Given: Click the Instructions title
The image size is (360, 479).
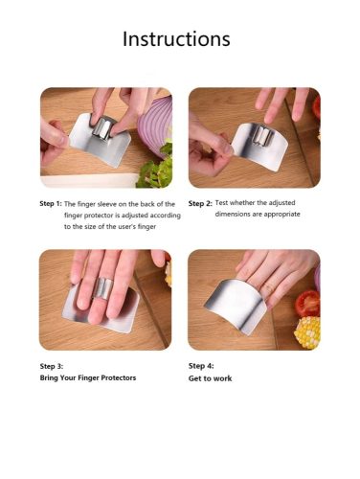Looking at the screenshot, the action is coord(176,39).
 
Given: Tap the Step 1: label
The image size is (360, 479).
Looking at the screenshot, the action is coord(51,204).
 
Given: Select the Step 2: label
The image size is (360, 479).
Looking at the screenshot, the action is coord(200,203).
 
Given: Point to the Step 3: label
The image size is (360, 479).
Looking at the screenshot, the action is coord(52,366).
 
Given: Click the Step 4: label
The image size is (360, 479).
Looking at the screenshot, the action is coord(201,366).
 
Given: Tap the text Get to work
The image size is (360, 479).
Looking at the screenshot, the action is coord(210,378).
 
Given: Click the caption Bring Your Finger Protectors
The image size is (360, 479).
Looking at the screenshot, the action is coord(88,377).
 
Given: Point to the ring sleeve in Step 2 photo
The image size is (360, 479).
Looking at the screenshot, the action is coord(263,136).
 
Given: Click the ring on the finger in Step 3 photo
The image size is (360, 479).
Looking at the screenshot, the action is coord(103,288).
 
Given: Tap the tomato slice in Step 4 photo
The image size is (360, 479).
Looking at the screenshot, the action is coord(307,303).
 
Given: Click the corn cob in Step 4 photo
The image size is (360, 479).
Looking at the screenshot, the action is coord(307,332).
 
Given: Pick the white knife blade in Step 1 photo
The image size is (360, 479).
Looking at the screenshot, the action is coord(86,181).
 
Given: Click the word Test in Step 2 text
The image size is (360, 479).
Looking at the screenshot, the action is coord(221,203).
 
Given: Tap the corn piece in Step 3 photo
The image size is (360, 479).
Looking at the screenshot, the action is coord(169,273).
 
